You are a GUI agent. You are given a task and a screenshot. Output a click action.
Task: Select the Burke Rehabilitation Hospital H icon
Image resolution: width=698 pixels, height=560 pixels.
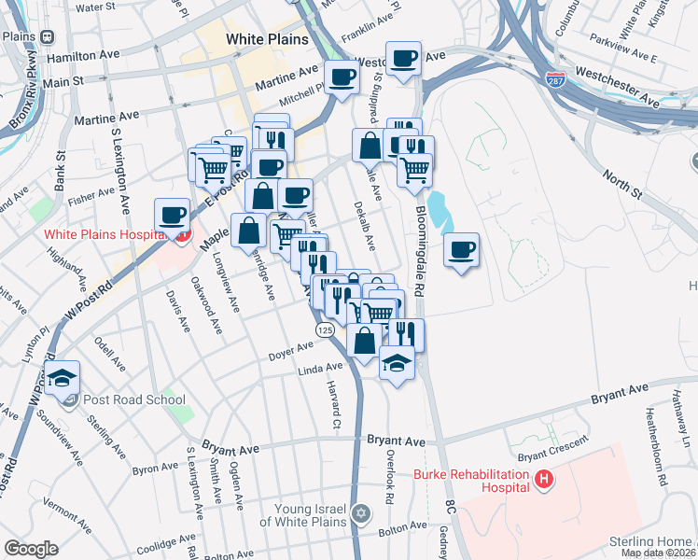point(544,481)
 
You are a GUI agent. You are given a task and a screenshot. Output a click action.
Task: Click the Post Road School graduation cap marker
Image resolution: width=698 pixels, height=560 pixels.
point(63,379)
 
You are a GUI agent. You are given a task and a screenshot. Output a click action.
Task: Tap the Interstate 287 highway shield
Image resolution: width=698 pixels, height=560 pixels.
point(555,81)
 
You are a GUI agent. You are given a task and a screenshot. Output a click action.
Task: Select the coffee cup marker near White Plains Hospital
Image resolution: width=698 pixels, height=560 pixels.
point(173,216)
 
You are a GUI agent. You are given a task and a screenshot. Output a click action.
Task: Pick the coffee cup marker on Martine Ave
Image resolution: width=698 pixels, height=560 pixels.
point(342,77)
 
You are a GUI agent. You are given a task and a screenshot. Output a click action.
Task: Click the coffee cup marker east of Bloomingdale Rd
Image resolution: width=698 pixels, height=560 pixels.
point(461,250)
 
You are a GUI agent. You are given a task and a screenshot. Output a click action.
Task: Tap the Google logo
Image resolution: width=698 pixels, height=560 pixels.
point(31,548)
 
